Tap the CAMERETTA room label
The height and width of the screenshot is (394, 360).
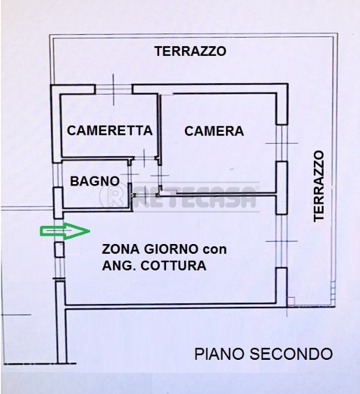[110, 130]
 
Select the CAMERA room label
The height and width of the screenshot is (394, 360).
[214, 130]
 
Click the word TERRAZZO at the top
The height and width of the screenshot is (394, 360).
[190, 51]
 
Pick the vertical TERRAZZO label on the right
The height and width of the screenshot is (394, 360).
[320, 186]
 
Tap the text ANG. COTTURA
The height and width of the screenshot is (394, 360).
[153, 266]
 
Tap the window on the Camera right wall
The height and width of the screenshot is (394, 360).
[281, 143]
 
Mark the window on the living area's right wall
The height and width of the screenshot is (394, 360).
[281, 241]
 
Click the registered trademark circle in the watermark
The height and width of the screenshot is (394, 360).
[120, 197]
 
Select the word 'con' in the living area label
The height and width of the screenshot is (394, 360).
[214, 249]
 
